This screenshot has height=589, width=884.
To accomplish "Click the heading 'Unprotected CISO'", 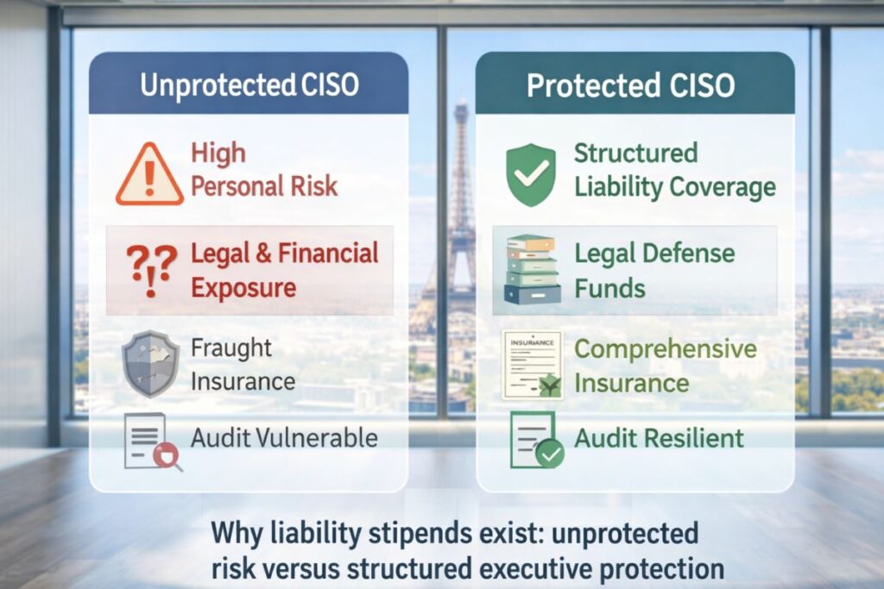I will pyautogui.click(x=249, y=86).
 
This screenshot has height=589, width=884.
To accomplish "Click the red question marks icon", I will pyautogui.click(x=152, y=268).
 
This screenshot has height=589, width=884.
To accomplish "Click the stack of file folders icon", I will pyautogui.click(x=531, y=269).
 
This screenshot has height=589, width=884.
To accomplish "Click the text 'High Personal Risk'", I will pyautogui.click(x=264, y=170).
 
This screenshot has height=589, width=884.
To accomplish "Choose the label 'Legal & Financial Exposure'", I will pyautogui.click(x=284, y=269).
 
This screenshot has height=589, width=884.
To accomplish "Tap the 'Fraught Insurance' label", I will pyautogui.click(x=243, y=364).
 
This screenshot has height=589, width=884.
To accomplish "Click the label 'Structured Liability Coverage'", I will pyautogui.click(x=674, y=170).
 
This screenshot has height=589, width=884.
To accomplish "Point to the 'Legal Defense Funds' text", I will pyautogui.click(x=654, y=269).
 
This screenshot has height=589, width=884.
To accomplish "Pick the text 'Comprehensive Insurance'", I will pyautogui.click(x=665, y=365).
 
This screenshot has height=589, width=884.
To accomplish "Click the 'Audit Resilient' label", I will pyautogui.click(x=659, y=437).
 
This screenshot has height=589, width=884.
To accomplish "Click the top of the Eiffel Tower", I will pyautogui.click(x=461, y=106).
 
